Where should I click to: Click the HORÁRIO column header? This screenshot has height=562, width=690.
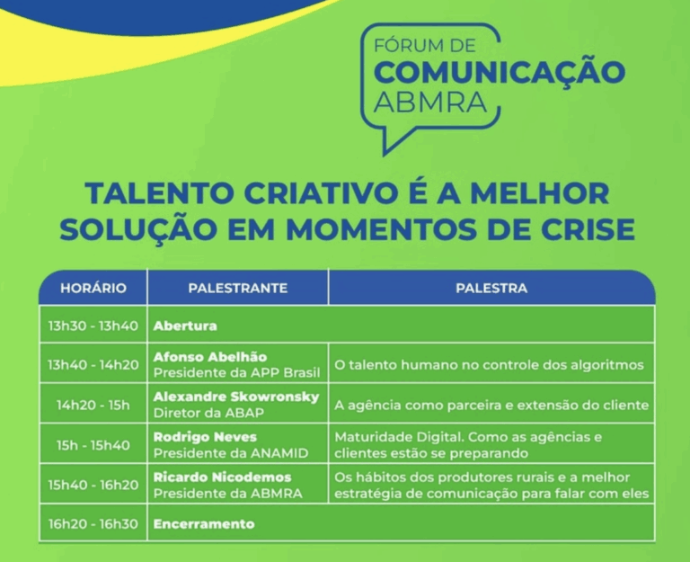click(93, 289)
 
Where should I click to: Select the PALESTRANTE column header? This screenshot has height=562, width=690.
click(238, 289)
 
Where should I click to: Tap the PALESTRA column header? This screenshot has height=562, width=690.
click(491, 289)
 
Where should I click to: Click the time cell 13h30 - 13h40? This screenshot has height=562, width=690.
click(93, 326)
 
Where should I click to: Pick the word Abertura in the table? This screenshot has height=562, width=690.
click(185, 326)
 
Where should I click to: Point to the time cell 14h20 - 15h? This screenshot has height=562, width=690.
click(93, 405)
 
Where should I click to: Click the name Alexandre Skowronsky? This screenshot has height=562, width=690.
click(236, 397)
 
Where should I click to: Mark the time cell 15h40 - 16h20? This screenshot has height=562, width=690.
click(93, 485)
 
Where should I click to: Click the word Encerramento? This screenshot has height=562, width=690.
click(204, 524)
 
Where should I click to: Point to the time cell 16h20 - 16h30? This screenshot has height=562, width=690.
click(93, 524)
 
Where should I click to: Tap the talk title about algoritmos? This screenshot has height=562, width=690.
click(489, 365)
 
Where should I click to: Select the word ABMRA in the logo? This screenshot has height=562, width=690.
click(437, 102)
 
